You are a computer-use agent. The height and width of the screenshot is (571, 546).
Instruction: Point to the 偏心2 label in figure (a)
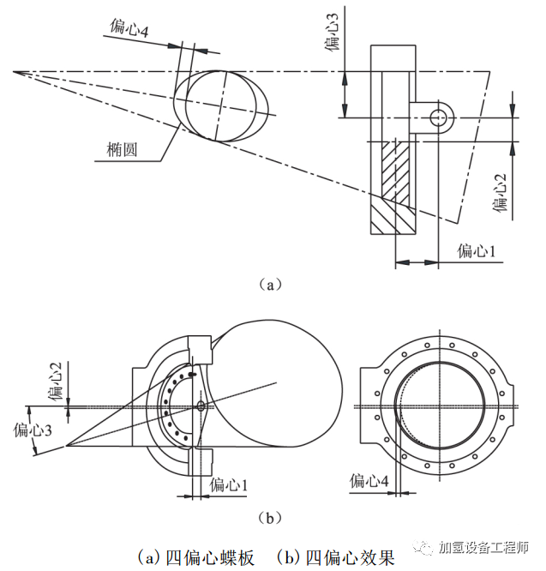(503, 191)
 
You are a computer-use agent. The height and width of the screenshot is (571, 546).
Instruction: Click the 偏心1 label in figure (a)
(477, 251)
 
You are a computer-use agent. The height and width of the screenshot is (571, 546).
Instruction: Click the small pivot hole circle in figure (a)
(441, 116)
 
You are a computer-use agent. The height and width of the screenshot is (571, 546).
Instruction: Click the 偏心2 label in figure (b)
(56, 382)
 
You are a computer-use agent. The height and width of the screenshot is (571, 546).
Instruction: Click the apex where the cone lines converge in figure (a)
(14, 72)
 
